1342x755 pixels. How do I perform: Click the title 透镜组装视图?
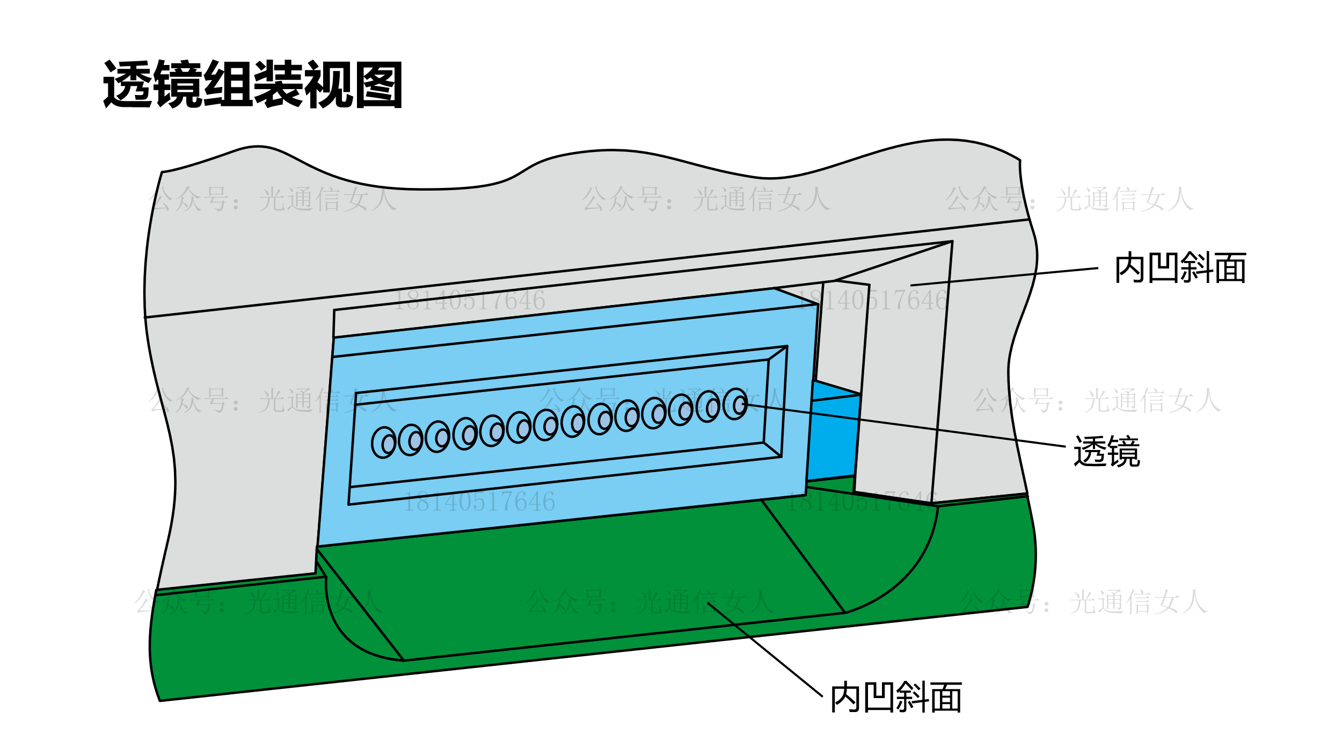[x=253, y=84]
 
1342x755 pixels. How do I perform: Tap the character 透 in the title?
[x=128, y=84]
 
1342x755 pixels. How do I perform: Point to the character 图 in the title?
[x=378, y=84]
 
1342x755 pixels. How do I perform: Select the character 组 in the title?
[x=228, y=84]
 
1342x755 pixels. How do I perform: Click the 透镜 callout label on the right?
[x=1106, y=452]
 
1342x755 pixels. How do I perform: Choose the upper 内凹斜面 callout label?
[x=1180, y=268]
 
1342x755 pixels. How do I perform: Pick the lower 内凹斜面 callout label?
[x=896, y=698]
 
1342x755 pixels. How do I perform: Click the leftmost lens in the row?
[x=384, y=442]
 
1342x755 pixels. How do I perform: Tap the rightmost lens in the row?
[x=735, y=404]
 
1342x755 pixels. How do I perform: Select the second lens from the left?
[x=411, y=440]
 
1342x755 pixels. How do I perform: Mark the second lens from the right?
[x=708, y=406]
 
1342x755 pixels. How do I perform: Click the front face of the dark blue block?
[x=832, y=438]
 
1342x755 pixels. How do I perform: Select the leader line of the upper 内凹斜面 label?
[x=1004, y=276]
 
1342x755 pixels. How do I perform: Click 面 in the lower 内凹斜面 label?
[x=946, y=698]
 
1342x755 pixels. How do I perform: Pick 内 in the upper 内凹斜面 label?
[x=1131, y=268]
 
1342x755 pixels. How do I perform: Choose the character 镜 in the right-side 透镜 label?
[x=1123, y=452]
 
